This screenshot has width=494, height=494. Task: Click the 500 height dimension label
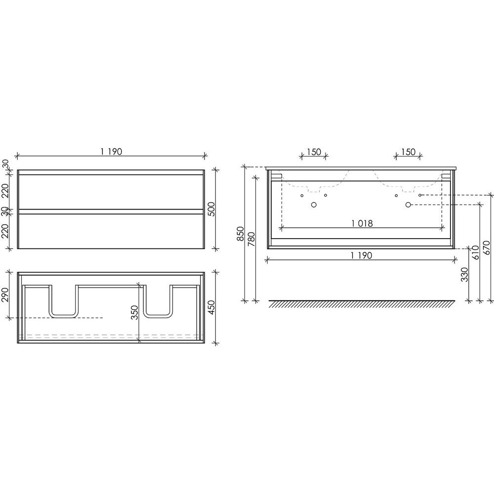coord(212,209)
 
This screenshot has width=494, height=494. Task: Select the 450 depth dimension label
coord(212,307)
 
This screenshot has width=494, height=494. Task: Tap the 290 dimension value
coord(5,294)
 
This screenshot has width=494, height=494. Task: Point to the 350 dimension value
coord(135,312)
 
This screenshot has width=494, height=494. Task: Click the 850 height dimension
coord(241,234)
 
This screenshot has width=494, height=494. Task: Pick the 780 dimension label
coord(251,239)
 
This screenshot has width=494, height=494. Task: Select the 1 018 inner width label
coord(362,223)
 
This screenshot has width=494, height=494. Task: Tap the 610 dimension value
coord(476,252)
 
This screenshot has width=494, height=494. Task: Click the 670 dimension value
coord(487,247)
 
